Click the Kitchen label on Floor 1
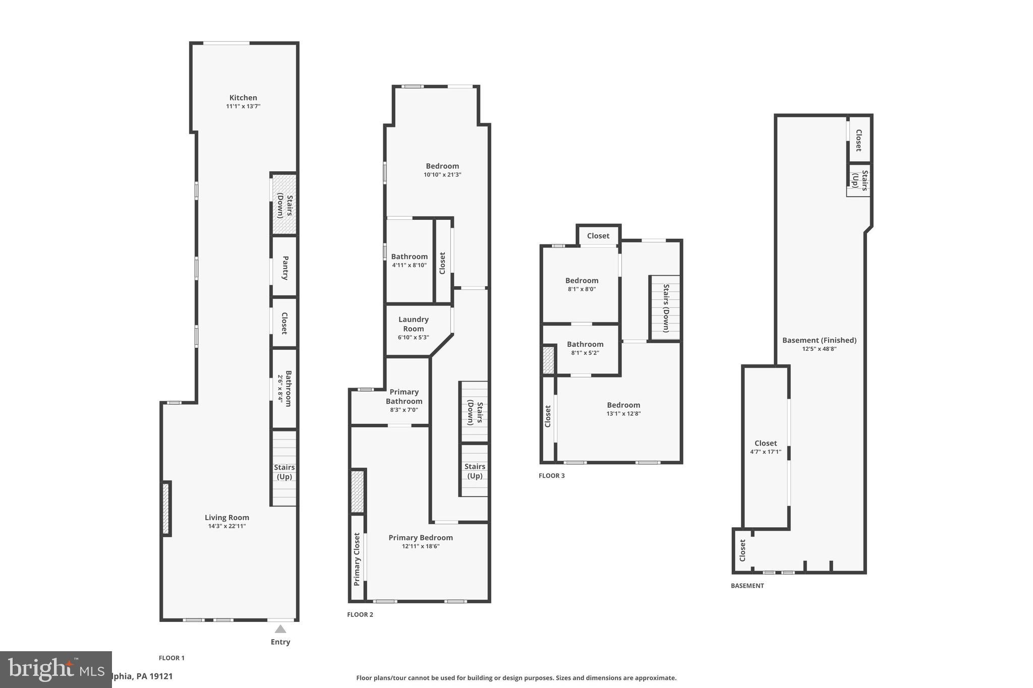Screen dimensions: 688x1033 [243, 98]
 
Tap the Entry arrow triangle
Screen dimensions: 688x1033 [280, 629]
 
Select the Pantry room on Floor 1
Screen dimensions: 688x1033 [284, 267]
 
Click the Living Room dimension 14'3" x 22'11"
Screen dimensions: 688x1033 [226, 526]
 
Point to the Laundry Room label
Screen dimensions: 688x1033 [413, 324]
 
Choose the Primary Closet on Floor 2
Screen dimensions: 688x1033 [357, 558]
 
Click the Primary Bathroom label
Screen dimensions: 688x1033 [404, 397]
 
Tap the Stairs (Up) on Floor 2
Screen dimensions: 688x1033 [474, 471]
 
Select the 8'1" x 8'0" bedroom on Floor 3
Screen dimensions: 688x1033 [581, 284]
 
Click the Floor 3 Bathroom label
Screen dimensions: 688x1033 [585, 344]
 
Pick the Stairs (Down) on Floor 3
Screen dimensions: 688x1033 [665, 307]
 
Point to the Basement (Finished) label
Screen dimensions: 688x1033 [819, 340]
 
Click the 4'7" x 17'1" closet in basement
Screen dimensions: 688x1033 [765, 447]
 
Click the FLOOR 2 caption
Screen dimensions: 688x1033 [360, 614]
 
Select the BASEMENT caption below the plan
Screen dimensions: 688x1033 [747, 586]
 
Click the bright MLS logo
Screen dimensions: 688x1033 [55, 669]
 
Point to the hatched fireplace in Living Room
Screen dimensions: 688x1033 [165, 508]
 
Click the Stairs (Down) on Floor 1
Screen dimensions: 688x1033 [284, 205]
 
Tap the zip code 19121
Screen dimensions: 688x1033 [160, 676]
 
